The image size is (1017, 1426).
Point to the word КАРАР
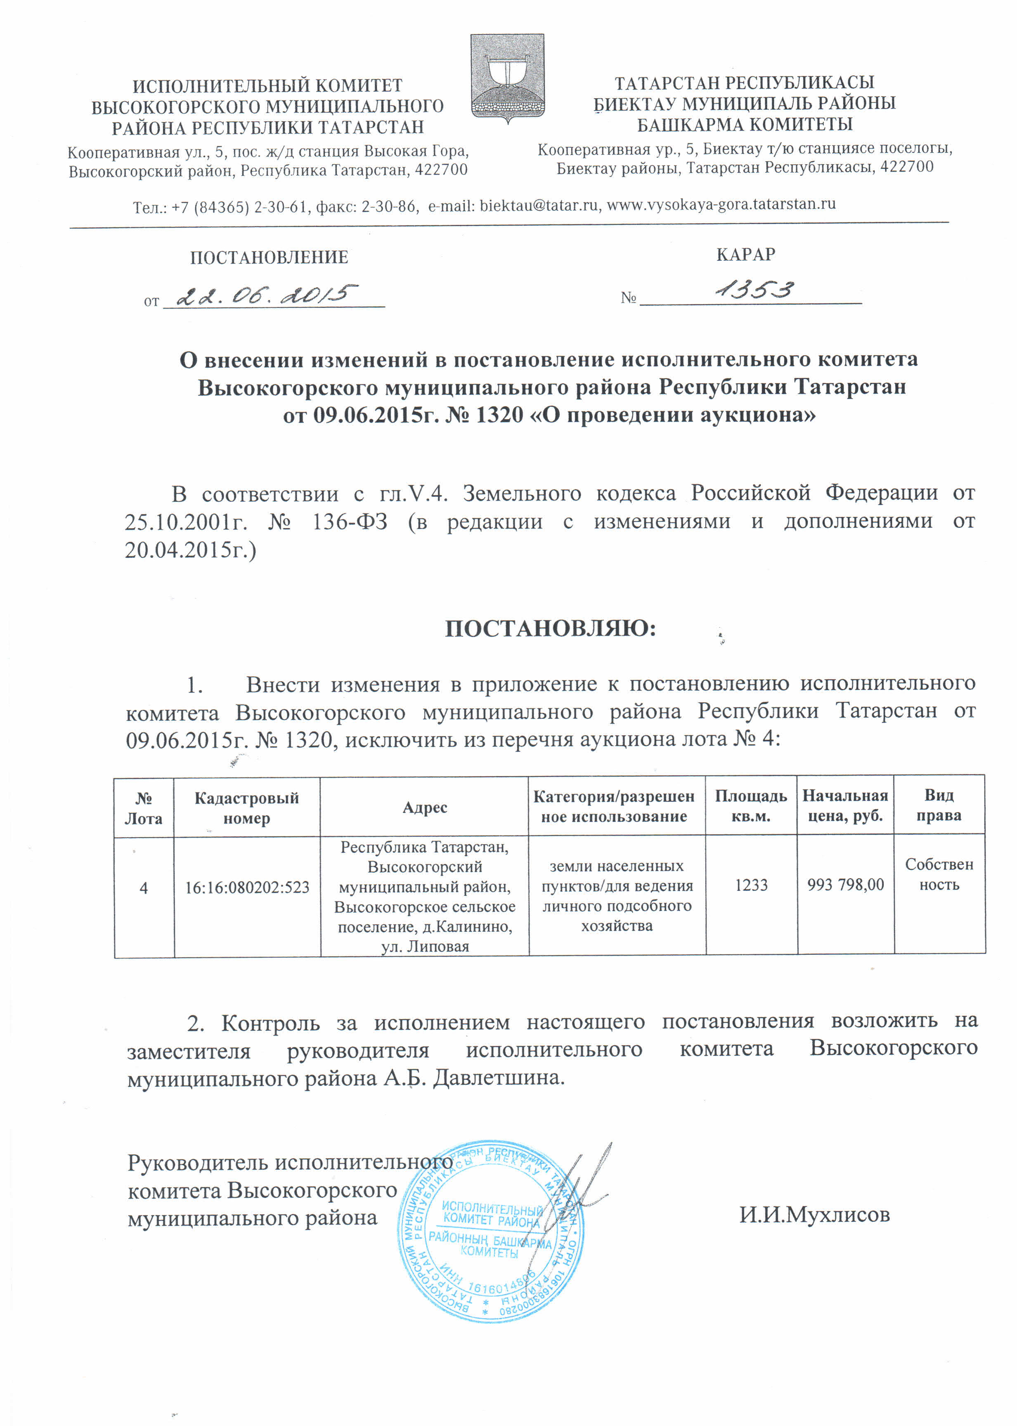[745, 254]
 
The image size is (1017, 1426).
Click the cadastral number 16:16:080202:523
[247, 888]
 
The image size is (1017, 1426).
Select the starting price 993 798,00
[845, 885]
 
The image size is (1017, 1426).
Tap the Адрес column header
[425, 807]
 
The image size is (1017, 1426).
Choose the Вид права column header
[939, 806]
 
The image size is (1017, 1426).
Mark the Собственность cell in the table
[939, 874]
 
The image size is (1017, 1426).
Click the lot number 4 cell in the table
[144, 888]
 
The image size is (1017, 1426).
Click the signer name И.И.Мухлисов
[814, 1215]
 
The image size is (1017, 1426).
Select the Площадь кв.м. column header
[751, 806]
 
